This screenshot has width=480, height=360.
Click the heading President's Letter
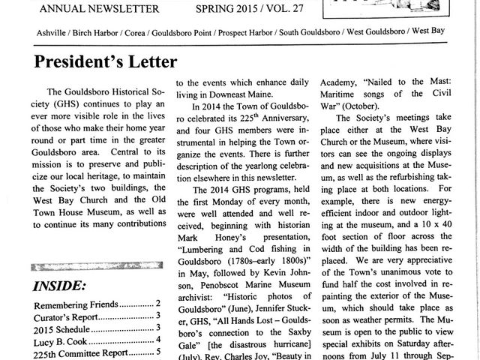(x=106, y=60)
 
